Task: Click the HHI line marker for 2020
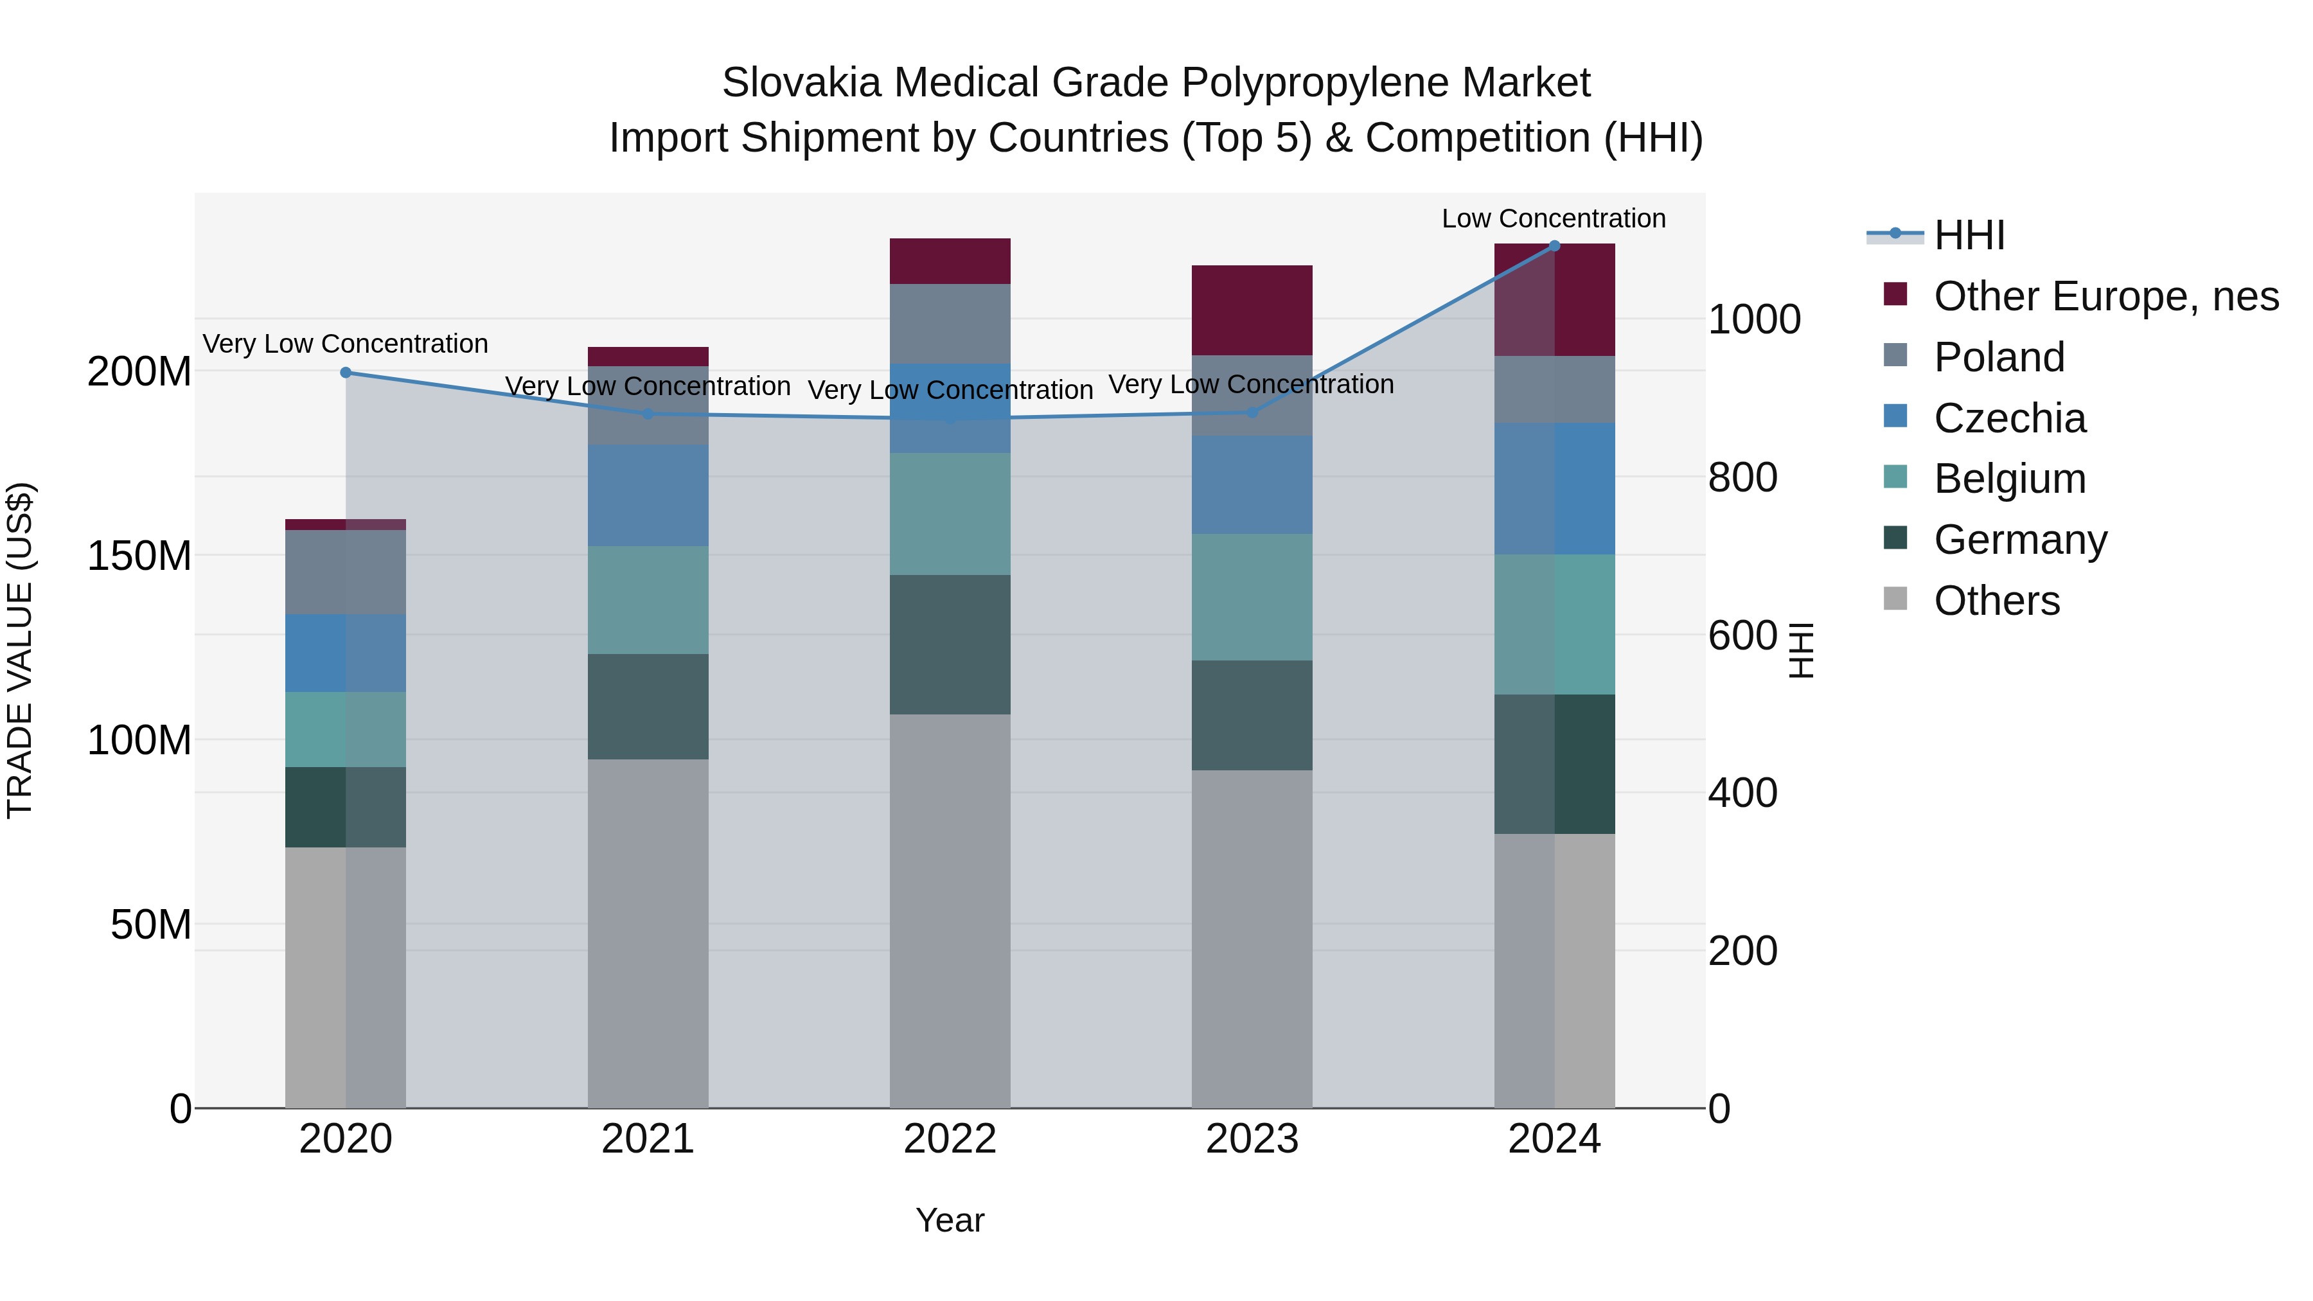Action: pos(346,373)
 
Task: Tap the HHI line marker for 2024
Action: pos(1554,245)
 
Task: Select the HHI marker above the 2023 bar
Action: pos(1253,412)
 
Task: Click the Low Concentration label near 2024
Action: pos(1554,218)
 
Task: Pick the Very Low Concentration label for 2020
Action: pos(346,344)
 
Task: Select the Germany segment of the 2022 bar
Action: pos(950,644)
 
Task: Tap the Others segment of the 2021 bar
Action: pos(648,934)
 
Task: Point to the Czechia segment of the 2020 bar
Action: pos(346,653)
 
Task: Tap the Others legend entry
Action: pos(1996,601)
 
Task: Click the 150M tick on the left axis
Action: pos(139,556)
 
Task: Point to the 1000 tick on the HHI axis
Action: pos(1753,320)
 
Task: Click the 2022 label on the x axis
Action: pos(950,1139)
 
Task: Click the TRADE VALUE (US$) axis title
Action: pos(20,650)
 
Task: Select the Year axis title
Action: pos(950,1220)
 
